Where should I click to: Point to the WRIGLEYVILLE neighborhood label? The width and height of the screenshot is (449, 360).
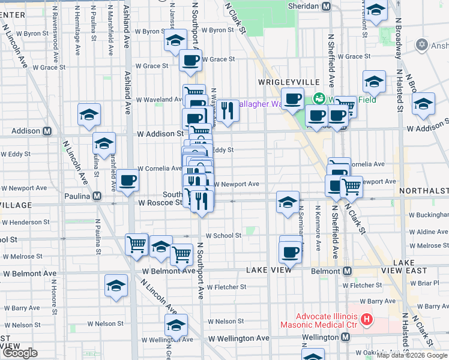282,81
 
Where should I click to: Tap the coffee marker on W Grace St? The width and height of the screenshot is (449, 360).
191,61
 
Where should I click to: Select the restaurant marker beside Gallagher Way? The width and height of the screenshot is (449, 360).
226,111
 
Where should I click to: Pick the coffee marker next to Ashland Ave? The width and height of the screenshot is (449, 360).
127,181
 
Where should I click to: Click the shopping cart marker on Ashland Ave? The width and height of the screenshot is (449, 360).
137,244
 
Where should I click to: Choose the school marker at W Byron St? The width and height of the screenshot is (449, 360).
175,41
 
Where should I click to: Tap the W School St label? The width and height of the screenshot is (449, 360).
223,236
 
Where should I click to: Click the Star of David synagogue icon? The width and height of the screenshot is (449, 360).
421,45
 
